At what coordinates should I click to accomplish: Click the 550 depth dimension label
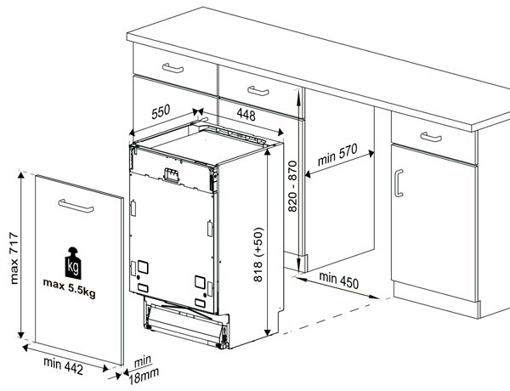[x=161, y=111]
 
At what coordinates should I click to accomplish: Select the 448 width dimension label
[x=246, y=115]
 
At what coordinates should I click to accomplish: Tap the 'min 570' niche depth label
[x=337, y=154]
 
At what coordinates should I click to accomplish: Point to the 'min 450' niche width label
[x=338, y=280]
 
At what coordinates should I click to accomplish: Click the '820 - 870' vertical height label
[x=292, y=186]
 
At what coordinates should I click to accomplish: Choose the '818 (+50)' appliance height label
[x=258, y=254]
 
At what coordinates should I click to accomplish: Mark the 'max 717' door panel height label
[x=14, y=258]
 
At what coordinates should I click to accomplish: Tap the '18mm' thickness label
[x=144, y=376]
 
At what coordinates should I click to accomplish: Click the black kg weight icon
[x=73, y=263]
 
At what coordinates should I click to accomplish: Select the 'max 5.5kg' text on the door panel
[x=70, y=288]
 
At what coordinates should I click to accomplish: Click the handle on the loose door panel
[x=76, y=206]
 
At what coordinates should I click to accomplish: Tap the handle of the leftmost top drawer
[x=173, y=68]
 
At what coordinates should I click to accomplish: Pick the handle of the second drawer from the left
[x=258, y=91]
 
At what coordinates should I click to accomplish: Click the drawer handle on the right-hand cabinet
[x=431, y=137]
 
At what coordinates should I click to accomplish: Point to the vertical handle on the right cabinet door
[x=399, y=183]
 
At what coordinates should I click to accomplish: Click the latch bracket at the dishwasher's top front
[x=172, y=175]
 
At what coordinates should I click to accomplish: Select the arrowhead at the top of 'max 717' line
[x=21, y=175]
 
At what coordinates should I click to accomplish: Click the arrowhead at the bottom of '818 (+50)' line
[x=268, y=331]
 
